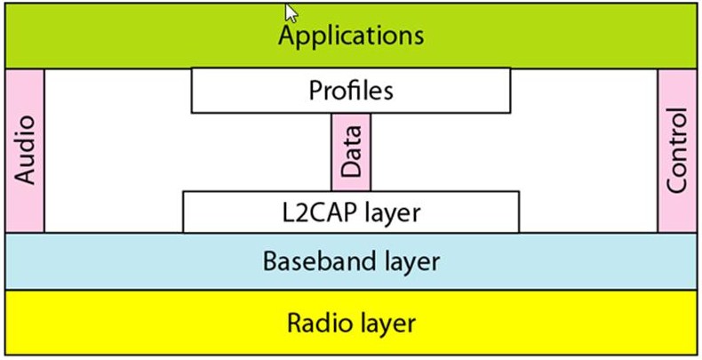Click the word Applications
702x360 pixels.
pos(351,36)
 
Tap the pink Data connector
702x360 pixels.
pos(351,151)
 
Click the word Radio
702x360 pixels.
pos(316,322)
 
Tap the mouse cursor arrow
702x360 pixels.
pos(291,12)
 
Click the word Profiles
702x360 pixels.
pos(351,91)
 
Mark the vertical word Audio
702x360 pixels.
pos(26,149)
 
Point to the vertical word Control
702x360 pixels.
pos(677,151)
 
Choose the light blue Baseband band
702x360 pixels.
pos(133,262)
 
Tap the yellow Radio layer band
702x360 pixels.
pos(133,322)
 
